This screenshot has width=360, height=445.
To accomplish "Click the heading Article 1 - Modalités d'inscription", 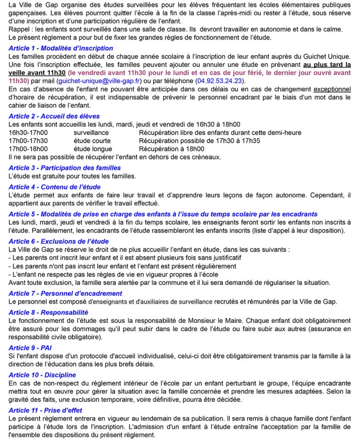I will [x=61, y=48].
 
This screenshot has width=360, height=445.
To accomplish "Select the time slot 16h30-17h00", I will [x=28, y=133].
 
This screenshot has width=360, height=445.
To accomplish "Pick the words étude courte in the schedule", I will [x=92, y=141].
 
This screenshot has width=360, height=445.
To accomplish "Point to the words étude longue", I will [x=92, y=149].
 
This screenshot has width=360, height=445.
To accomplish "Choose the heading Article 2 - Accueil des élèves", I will [x=54, y=116].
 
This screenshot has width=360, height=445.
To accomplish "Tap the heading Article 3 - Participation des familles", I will [x=65, y=168].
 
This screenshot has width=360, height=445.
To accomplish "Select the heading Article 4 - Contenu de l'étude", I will [x=55, y=187].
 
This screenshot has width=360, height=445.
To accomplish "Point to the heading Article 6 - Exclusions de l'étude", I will [x=59, y=241].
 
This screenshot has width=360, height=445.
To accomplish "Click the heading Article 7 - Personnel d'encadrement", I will [x=65, y=293].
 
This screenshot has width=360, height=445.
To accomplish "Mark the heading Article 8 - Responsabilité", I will [x=48, y=312].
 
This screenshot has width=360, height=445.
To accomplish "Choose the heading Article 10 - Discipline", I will [x=42, y=375].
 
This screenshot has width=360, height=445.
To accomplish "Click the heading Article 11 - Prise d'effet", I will [x=46, y=410].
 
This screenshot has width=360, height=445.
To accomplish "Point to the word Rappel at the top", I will [x=19, y=29].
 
